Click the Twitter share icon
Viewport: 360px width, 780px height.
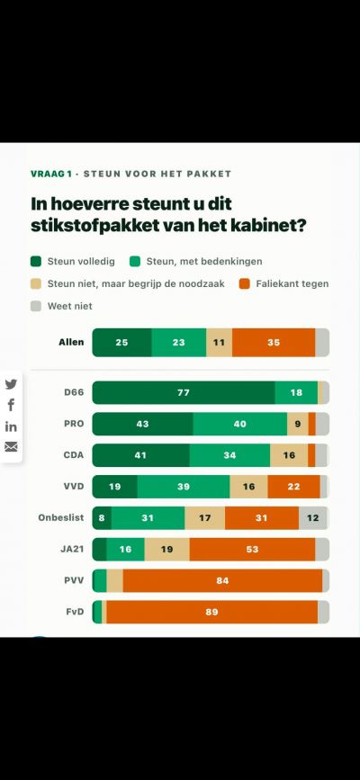11,384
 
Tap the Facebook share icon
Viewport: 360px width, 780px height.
11,405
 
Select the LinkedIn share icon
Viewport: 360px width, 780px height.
11,426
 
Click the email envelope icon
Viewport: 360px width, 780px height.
11,447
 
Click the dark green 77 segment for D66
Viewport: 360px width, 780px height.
184,392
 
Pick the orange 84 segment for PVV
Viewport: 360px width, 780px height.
222,580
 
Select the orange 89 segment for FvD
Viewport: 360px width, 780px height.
212,612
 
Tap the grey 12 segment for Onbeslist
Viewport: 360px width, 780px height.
312,518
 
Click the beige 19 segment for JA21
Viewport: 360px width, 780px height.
166,549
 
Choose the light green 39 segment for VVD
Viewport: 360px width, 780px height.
184,487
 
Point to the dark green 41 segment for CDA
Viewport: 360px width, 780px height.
141,455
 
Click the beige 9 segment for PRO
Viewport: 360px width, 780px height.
298,424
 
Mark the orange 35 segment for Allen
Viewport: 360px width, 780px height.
274,342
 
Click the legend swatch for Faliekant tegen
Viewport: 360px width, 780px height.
244,284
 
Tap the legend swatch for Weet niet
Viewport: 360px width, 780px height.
35,307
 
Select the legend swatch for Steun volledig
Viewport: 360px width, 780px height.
35,262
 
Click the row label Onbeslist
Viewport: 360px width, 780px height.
61,517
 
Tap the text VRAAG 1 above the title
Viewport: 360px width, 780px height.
51,174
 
